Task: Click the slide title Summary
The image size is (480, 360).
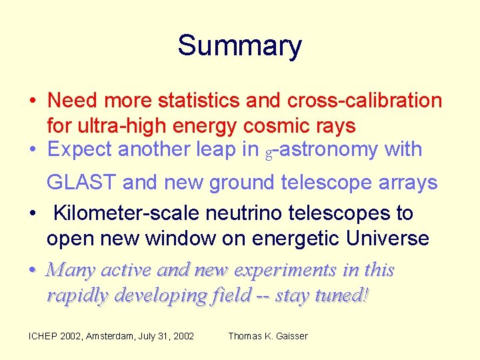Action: pos(239,46)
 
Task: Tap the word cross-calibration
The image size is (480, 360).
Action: pos(365,101)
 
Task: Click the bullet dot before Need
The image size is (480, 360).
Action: pos(32,101)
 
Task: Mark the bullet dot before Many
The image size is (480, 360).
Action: pos(32,271)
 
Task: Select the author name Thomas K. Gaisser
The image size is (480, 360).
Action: pos(268,336)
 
